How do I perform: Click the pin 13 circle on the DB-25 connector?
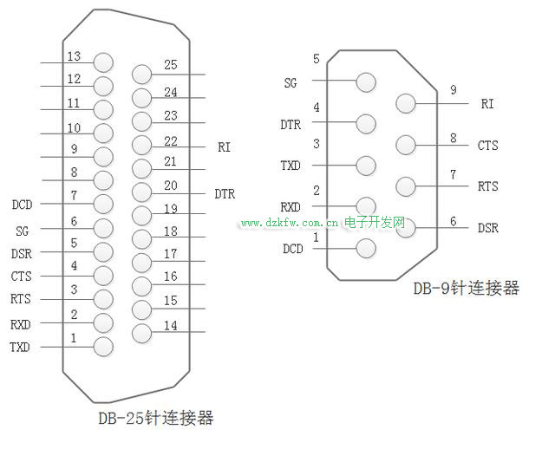tap(103, 62)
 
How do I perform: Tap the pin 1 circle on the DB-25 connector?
tap(103, 347)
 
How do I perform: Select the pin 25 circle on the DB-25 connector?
tap(141, 74)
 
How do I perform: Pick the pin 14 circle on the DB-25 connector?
tap(141, 332)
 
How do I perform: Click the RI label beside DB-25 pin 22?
tap(224, 147)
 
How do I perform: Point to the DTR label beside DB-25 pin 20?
tap(225, 194)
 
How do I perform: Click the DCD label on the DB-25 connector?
tap(22, 205)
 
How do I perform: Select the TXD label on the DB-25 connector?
tap(19, 348)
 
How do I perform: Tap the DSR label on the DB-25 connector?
tap(22, 253)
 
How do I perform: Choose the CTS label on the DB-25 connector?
tap(21, 277)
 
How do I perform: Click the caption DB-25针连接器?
tap(155, 419)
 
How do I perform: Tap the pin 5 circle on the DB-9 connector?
tap(366, 82)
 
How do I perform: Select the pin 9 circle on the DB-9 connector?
tap(406, 103)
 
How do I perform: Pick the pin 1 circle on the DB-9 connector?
tap(366, 248)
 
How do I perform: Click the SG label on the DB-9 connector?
tap(291, 83)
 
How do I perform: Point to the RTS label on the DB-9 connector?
tap(488, 186)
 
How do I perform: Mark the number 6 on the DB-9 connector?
tap(453, 222)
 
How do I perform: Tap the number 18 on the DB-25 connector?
tap(171, 231)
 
